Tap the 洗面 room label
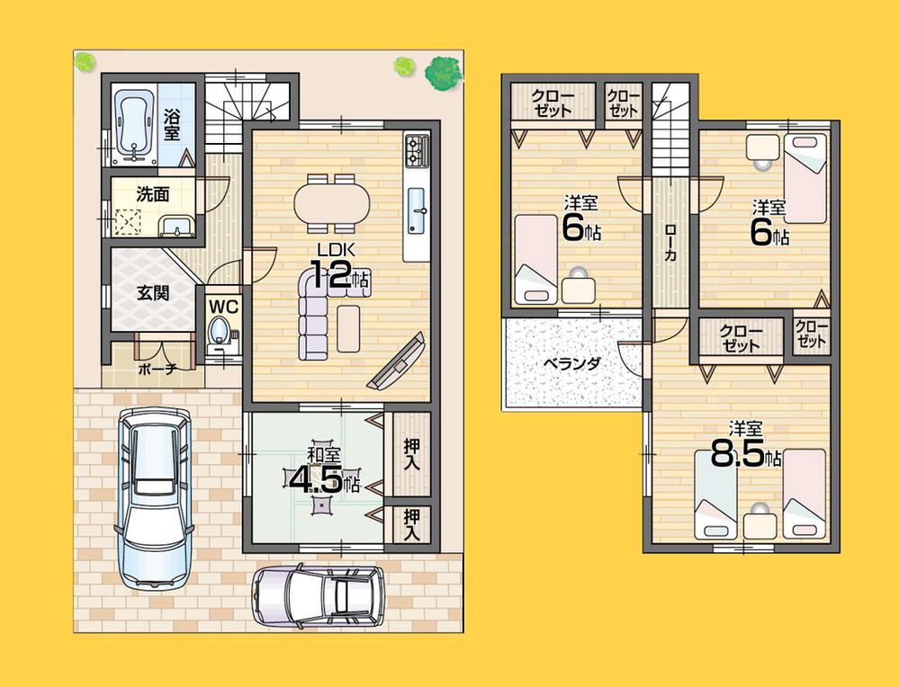point(153,193)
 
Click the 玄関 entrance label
point(150,292)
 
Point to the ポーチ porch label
point(156,369)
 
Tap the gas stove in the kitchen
point(418,150)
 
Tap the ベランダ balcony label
point(571,363)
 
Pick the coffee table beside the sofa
point(348,327)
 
